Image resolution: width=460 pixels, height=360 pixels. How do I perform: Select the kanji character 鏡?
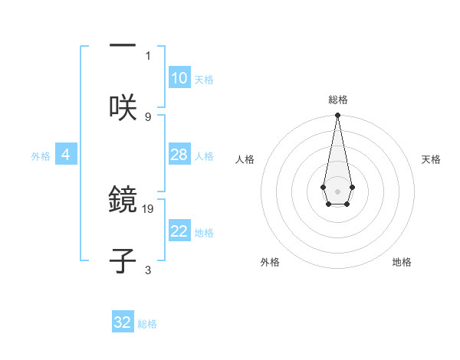123,200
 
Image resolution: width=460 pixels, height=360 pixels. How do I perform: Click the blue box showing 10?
179,78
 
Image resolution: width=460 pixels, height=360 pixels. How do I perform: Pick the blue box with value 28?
179,155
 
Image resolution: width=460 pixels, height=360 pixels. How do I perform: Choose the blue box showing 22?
179,231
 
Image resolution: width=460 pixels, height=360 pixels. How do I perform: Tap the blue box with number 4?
66,155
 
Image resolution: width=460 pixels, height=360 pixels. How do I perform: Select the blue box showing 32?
123,322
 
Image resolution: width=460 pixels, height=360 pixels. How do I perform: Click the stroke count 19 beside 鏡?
148,208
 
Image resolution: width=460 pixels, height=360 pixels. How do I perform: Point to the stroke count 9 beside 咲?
148,116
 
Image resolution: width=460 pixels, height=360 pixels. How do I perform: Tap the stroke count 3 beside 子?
148,270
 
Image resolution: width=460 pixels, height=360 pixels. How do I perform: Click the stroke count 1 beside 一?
148,55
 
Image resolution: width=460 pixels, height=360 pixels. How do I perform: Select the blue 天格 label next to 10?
204,79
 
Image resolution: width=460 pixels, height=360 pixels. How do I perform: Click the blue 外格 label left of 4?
41,155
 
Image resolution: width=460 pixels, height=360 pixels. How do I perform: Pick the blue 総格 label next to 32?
147,323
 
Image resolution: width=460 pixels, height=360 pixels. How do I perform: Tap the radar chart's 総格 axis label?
337,100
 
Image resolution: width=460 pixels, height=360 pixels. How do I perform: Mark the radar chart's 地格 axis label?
402,262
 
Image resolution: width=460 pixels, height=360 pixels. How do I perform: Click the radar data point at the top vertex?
337,116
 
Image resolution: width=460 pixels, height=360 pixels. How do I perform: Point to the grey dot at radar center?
337,190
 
